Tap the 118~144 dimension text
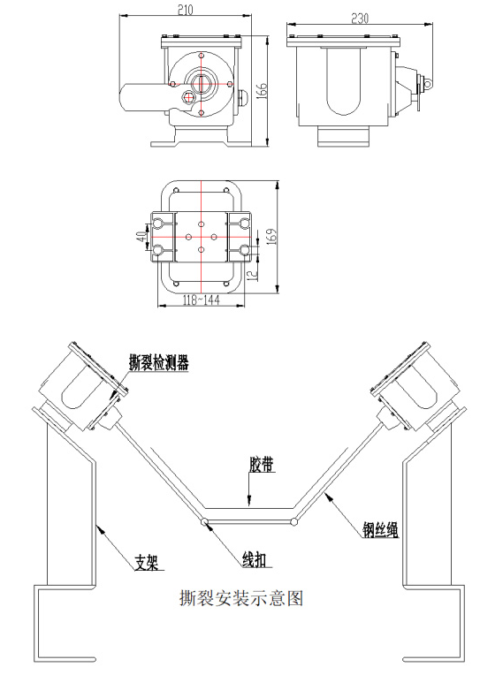[201, 300]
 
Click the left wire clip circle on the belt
[206, 521]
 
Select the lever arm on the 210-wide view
[139, 96]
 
